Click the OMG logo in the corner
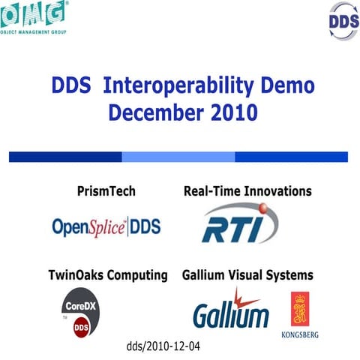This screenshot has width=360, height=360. pos(33,13)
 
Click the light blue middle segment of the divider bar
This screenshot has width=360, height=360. pos(178,157)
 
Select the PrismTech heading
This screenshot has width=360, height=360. pos(106,191)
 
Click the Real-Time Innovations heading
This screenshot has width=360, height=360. pos(247,191)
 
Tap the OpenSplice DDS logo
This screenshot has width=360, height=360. pos(106,226)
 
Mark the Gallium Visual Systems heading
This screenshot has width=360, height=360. pos(247,275)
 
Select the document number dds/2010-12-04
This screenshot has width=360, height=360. pos(164,347)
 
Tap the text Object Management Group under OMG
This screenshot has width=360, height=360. pos(34,33)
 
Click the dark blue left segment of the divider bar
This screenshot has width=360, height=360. pos(65,157)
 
